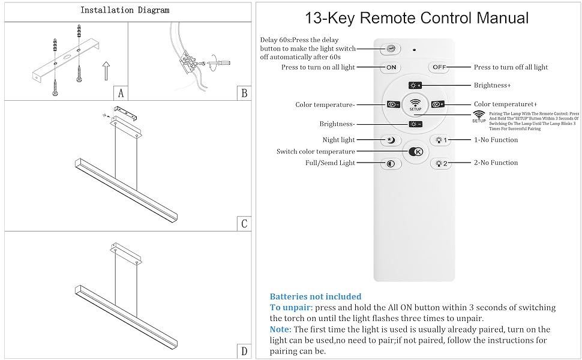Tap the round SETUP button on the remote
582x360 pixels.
415,104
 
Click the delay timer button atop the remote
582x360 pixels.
391,48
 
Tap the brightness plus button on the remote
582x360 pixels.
415,85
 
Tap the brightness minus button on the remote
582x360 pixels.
415,124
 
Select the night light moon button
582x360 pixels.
391,140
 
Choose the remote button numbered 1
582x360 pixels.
441,140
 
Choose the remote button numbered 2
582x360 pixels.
441,163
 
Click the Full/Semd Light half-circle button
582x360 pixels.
391,163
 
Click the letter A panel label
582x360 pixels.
121,93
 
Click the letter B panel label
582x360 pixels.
244,93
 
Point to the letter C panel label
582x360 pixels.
244,224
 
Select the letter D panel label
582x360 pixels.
244,351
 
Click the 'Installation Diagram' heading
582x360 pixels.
125,10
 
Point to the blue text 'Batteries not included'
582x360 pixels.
316,296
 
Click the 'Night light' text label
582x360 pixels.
338,140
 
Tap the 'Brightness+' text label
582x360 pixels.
492,85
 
